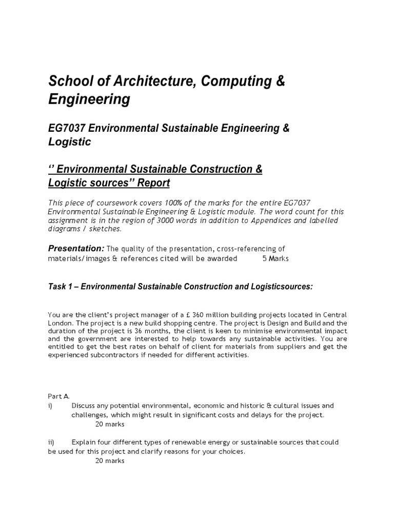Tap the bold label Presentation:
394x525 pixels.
point(75,248)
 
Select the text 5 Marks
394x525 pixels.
point(275,258)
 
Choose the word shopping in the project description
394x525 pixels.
point(190,323)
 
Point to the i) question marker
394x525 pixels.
point(51,406)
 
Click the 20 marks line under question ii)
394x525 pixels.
point(110,460)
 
